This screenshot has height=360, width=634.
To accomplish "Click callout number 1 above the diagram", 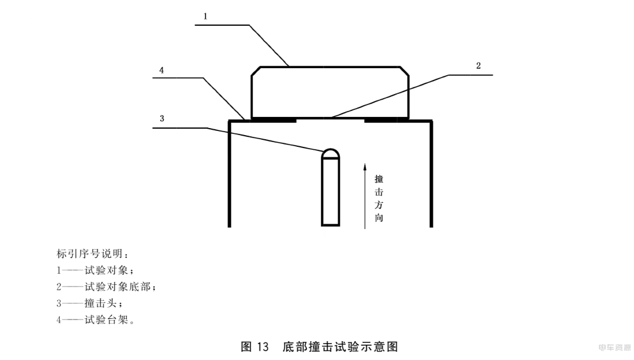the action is [x=205, y=16].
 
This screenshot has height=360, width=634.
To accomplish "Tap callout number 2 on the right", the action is [x=478, y=66].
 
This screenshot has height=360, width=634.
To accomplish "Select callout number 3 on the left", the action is [x=162, y=119].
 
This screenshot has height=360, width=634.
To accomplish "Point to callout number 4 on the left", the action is [x=161, y=70].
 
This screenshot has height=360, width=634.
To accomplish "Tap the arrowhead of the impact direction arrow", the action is [x=365, y=167].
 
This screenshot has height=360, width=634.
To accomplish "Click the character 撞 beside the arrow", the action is [x=379, y=179].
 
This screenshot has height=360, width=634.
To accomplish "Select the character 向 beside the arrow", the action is [x=379, y=218].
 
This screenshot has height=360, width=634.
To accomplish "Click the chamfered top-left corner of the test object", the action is [x=255, y=71].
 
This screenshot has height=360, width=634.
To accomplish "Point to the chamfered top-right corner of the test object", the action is [x=404, y=71].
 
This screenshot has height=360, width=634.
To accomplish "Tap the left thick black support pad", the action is [x=274, y=120].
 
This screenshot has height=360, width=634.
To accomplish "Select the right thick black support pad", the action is [x=387, y=120].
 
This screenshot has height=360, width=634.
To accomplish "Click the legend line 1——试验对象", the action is [x=95, y=270].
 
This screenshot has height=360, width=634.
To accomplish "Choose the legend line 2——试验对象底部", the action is [x=106, y=287].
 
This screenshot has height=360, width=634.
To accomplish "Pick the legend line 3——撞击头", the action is [x=89, y=304].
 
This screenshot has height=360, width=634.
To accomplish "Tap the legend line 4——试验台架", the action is [x=96, y=320].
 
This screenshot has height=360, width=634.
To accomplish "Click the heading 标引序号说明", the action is [x=92, y=254].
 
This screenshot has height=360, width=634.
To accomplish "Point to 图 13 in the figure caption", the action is [x=255, y=346].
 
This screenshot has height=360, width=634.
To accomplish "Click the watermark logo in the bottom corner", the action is [x=614, y=348].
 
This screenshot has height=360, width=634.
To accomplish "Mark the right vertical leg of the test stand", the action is [x=431, y=174].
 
